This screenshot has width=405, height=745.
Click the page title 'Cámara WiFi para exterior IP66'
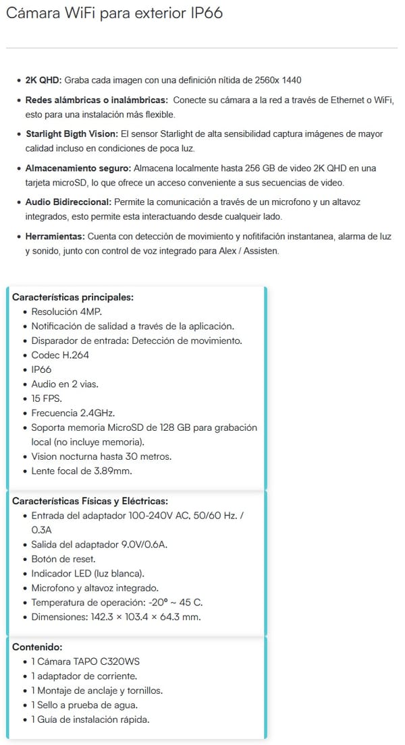click(x=113, y=13)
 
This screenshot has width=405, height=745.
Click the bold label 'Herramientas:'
click(x=55, y=236)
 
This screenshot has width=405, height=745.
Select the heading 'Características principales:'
click(x=73, y=297)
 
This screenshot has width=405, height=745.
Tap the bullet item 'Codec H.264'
click(x=60, y=355)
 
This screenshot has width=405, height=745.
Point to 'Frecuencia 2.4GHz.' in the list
click(x=74, y=413)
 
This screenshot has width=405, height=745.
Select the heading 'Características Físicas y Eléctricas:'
click(x=90, y=501)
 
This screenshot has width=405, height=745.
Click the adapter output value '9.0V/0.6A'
click(x=134, y=545)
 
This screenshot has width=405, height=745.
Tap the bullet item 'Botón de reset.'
click(x=63, y=559)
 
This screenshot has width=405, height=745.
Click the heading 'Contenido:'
click(x=37, y=647)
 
